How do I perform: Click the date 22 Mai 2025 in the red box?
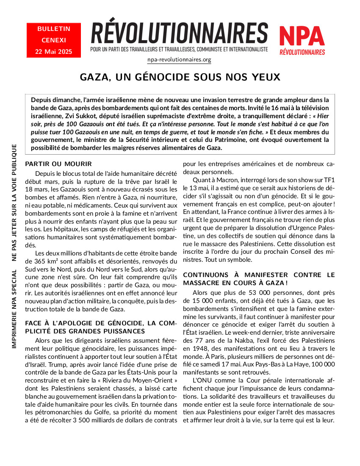(x=53, y=52)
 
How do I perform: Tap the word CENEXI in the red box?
(x=54, y=40)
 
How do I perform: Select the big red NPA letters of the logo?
(x=302, y=36)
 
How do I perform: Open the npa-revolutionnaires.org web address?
(x=179, y=59)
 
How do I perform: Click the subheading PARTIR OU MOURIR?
(x=58, y=164)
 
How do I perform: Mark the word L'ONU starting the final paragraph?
(x=202, y=380)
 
